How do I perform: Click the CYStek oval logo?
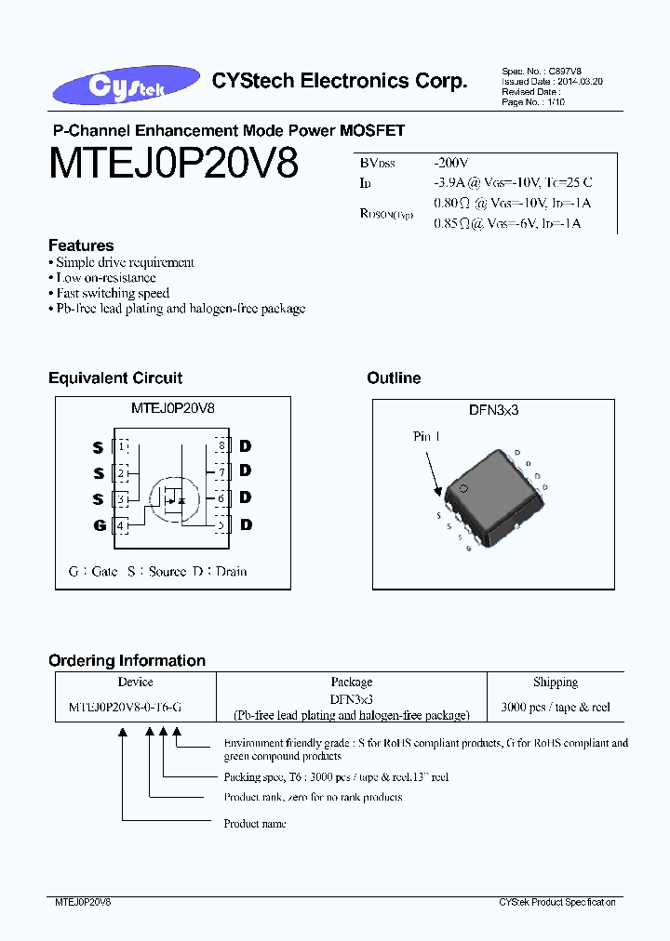click(x=127, y=85)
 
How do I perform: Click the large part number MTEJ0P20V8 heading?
click(x=173, y=165)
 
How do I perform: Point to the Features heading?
click(x=81, y=245)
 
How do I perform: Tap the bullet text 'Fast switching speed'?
click(x=113, y=293)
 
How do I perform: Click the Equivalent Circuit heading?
click(x=115, y=378)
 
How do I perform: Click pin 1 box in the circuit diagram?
click(x=121, y=446)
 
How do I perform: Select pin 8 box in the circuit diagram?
click(x=221, y=446)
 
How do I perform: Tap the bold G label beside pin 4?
click(x=99, y=525)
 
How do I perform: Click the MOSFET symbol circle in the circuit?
click(x=172, y=498)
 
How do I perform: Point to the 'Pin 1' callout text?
click(x=426, y=436)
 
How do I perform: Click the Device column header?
click(x=136, y=682)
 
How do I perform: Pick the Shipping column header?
click(x=556, y=682)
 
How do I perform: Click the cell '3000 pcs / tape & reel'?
click(x=556, y=707)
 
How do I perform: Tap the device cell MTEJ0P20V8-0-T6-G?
click(x=126, y=707)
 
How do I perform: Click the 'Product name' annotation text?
click(x=255, y=823)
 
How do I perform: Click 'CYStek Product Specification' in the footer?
click(x=556, y=902)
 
